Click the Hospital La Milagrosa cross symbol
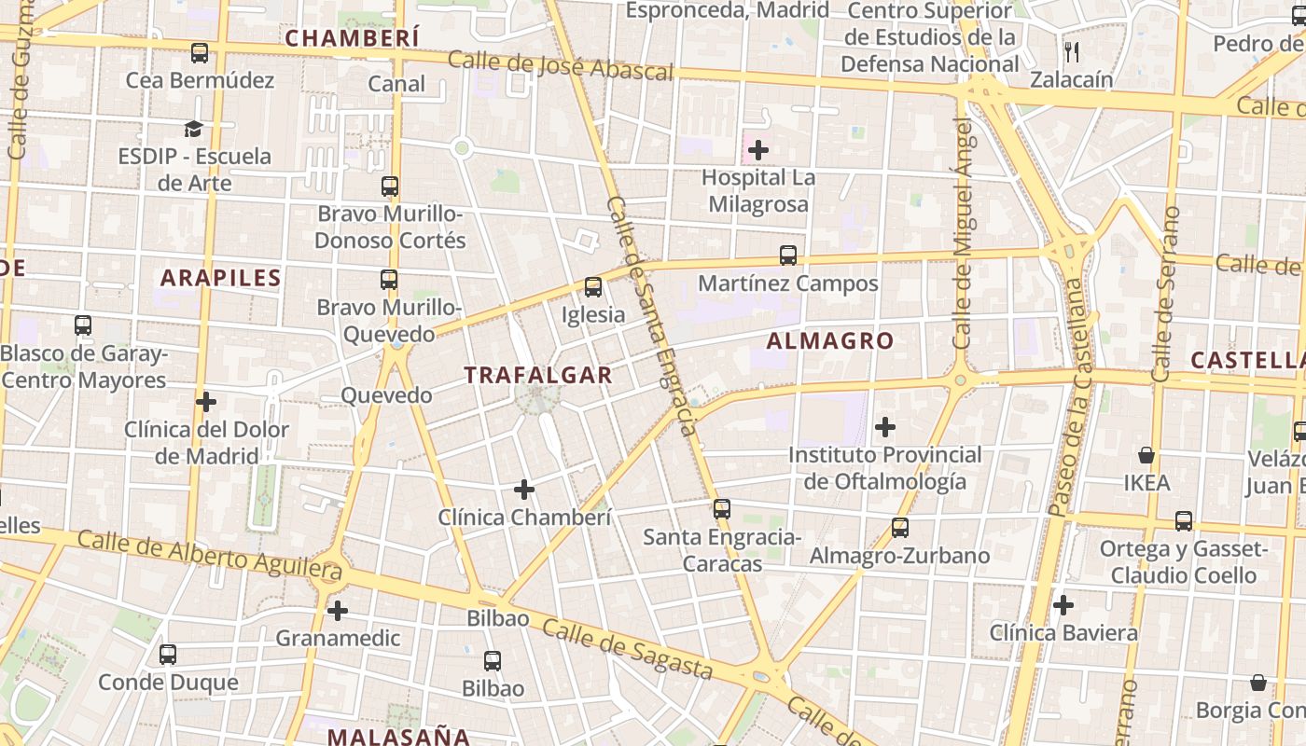(x=758, y=149)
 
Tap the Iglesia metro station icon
(x=593, y=287)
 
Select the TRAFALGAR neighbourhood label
(x=538, y=375)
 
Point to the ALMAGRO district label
(x=830, y=341)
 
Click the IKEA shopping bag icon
(x=1146, y=455)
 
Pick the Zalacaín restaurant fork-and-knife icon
(x=1072, y=52)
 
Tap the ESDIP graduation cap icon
(x=193, y=129)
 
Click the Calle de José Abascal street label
(x=560, y=65)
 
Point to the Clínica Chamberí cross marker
(x=524, y=489)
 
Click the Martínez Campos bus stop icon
(x=788, y=255)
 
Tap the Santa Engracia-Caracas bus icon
(x=721, y=509)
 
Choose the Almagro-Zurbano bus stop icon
(x=900, y=528)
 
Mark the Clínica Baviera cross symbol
(x=1063, y=605)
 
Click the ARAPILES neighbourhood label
(x=220, y=278)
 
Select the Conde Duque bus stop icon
(x=168, y=655)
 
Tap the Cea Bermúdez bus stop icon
(x=200, y=53)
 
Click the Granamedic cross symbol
(x=338, y=611)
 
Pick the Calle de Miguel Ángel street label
(x=963, y=233)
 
